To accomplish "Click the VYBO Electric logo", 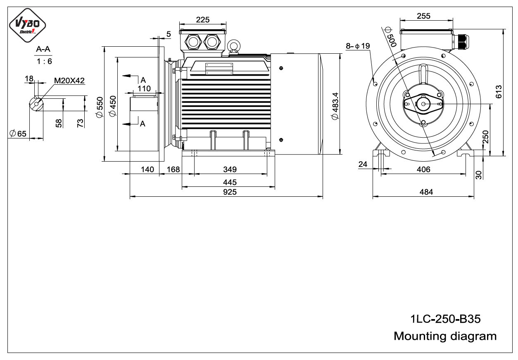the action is click(x=27, y=26).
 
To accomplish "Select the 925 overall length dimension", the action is click(x=230, y=192).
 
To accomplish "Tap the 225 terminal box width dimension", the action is click(x=203, y=20).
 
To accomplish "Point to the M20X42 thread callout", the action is click(x=69, y=81).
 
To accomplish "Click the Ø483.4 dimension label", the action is click(x=335, y=106).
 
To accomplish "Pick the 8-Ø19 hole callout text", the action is click(x=358, y=46).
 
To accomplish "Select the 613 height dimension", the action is click(x=499, y=92).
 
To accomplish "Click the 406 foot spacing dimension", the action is click(x=423, y=169).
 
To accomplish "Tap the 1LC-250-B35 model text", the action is click(x=445, y=319).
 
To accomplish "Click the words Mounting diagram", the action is click(x=445, y=336).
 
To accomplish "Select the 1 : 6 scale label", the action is click(x=44, y=61).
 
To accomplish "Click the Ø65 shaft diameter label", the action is click(x=18, y=134).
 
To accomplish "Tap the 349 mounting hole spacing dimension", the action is click(x=230, y=169).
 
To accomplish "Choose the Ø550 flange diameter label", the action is click(x=100, y=107).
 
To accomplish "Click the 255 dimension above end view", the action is click(x=423, y=16).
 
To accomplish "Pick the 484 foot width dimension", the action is click(x=426, y=192).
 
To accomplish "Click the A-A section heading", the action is click(x=43, y=49).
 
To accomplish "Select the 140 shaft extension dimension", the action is click(x=147, y=169).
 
